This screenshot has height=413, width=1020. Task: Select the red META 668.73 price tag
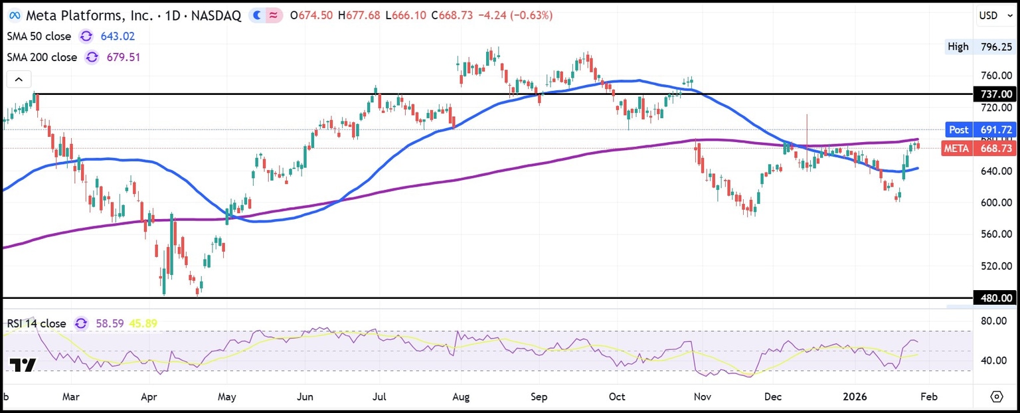(x=979, y=149)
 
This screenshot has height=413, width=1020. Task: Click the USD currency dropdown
(x=993, y=15)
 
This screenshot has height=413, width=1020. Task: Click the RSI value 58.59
(x=110, y=323)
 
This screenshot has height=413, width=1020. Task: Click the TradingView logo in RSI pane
(x=23, y=365)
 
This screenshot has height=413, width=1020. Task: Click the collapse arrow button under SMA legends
(x=19, y=80)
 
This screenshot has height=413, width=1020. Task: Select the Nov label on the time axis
(x=703, y=397)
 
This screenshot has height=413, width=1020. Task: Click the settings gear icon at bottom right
(x=996, y=396)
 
